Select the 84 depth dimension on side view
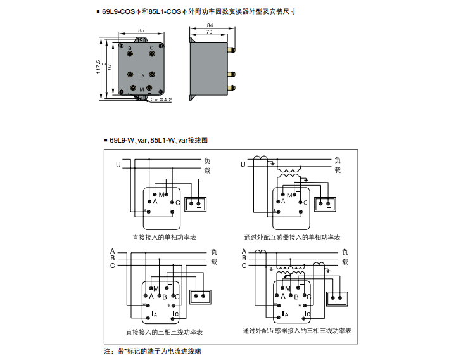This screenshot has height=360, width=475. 210,25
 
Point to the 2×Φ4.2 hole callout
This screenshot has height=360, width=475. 161,100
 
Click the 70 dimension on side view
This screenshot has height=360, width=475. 209,31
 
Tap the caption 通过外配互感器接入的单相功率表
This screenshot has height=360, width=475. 292,237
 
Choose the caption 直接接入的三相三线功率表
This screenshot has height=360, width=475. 164,331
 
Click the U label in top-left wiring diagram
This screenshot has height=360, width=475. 118,165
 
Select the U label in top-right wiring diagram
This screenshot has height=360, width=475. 243,165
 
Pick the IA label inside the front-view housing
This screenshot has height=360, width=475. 142,75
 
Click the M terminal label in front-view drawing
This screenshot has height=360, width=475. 142,90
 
